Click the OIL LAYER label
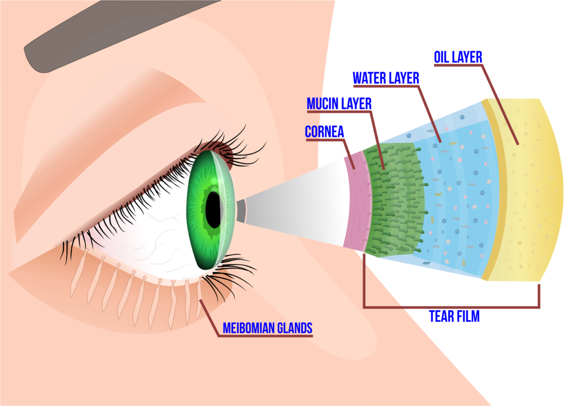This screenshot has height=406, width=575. [x=458, y=57]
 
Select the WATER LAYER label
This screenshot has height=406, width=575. [x=386, y=78]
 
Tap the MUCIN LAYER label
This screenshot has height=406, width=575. [x=339, y=104]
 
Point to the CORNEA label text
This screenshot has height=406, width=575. [x=324, y=132]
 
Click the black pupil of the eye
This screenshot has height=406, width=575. [x=213, y=209]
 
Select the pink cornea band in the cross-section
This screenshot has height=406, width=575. [x=355, y=202]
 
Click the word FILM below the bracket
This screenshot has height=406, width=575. [x=468, y=317]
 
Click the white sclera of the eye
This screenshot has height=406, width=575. [x=152, y=236]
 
